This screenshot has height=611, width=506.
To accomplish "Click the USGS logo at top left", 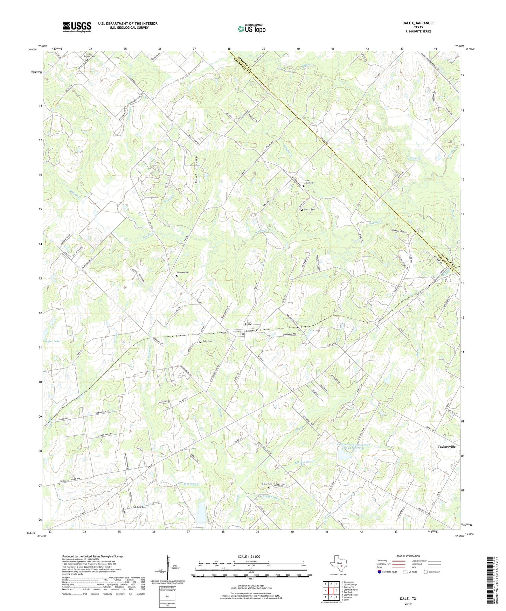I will coord(77,27).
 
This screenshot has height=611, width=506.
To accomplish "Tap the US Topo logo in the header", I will coord(251,29).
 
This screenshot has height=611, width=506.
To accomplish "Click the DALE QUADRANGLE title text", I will coord(418,23).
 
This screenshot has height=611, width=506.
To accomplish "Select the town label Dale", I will coord(248,324).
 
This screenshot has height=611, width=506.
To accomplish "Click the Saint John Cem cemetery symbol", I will coord(304,186).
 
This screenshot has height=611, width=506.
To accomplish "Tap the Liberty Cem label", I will coord(309,209).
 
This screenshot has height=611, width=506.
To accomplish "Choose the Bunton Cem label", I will coord(184,272).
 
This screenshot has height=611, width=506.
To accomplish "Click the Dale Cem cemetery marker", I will coord(200,341).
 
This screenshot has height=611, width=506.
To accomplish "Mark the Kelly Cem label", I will coord(65,481).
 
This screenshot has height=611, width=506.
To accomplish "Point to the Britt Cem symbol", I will coord(134,506).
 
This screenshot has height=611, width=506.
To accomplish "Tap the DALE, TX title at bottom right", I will coord(408,598).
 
